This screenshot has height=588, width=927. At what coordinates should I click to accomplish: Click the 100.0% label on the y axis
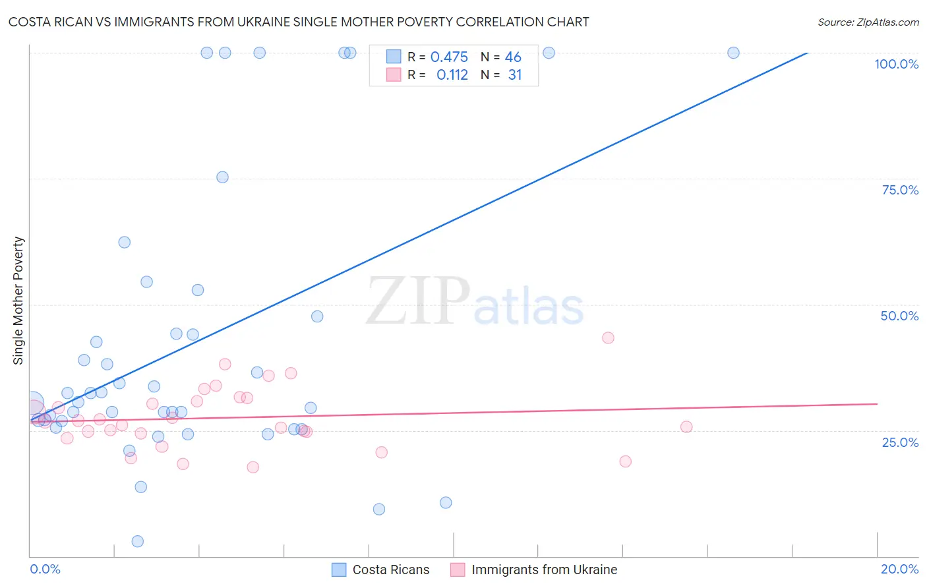click(x=896, y=64)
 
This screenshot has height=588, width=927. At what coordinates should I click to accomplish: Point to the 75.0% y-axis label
click(x=900, y=190)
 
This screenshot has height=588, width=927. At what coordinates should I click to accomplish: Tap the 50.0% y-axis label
click(x=899, y=316)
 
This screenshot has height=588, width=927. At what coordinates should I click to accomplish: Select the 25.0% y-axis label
click(x=900, y=442)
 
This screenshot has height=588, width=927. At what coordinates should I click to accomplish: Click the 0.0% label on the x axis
click(x=45, y=569)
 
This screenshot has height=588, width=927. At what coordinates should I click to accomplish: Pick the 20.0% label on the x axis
click(x=899, y=569)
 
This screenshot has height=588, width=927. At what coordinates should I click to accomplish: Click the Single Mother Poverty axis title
click(x=18, y=301)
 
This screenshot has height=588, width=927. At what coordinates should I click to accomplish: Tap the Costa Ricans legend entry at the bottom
click(x=380, y=570)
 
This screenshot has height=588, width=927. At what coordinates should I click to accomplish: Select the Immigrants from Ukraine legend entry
click(x=533, y=570)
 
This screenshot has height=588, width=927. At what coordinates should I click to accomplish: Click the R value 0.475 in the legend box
click(x=449, y=57)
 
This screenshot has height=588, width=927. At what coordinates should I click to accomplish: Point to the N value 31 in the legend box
click(x=515, y=75)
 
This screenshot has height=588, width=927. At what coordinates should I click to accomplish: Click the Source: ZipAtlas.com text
click(x=868, y=22)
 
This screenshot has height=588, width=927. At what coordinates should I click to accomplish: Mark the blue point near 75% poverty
click(x=222, y=177)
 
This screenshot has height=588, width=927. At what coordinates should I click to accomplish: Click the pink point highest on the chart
click(x=608, y=338)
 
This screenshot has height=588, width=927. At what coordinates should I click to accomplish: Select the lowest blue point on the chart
click(x=138, y=541)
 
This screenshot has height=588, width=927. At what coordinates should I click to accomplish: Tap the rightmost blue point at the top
click(x=733, y=53)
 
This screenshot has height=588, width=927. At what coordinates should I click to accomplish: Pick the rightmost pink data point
click(x=686, y=426)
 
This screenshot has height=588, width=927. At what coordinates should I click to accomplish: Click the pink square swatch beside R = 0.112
click(x=394, y=75)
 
